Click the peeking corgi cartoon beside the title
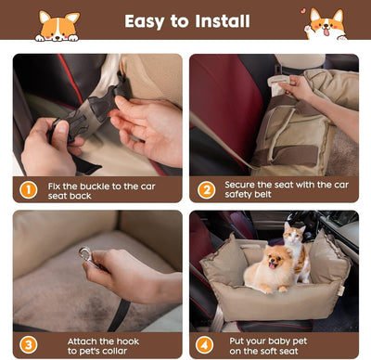click(x=58, y=26)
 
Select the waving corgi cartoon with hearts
click(x=326, y=24)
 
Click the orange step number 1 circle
click(x=29, y=189)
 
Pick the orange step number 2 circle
click(x=206, y=189)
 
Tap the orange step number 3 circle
click(x=29, y=345)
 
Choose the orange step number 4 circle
click(x=205, y=345)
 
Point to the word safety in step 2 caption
click(x=239, y=195)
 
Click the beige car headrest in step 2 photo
click(x=300, y=61)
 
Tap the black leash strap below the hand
click(x=120, y=315)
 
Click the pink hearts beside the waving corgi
click(x=303, y=11)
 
